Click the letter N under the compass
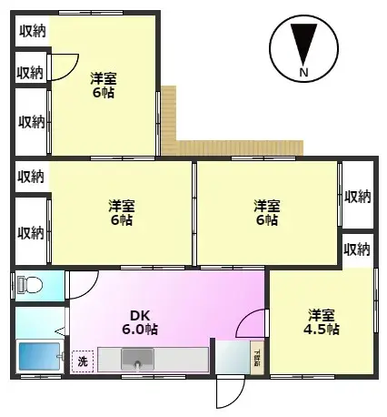click(x=303, y=73)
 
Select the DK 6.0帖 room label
click(x=141, y=320)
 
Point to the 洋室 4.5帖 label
click(x=322, y=321)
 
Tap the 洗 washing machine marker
click(x=83, y=361)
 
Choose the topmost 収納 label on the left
click(x=32, y=31)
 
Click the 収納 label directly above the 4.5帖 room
click(x=357, y=249)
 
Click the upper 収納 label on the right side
click(x=357, y=196)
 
